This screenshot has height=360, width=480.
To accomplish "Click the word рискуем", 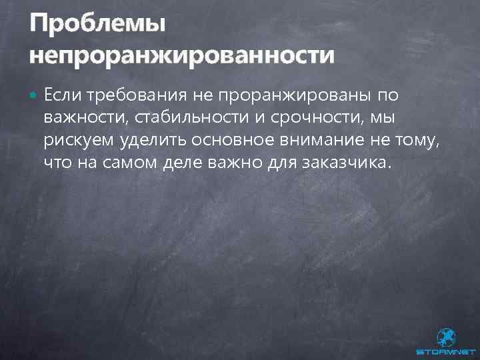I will pyautogui.click(x=79, y=141).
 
